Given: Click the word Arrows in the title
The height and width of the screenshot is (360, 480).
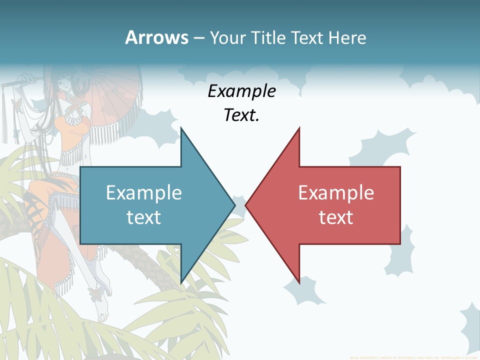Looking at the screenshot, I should coord(157,37).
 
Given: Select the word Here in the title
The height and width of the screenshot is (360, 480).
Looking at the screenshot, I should coord(347,37).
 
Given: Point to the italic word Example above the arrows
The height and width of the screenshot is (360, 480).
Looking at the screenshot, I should coord(242,91).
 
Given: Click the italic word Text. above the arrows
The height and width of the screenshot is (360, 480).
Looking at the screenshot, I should coord(242,115).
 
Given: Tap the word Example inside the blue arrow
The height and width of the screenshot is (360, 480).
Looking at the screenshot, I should coord(144,192).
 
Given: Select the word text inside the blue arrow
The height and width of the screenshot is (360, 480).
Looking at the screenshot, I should coord(144,217).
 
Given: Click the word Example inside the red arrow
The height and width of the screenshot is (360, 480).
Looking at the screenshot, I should coord(336,192).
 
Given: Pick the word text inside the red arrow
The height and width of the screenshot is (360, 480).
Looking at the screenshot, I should coord(336,217).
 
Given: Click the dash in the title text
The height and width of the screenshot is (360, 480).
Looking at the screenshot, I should coord(198,38).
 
